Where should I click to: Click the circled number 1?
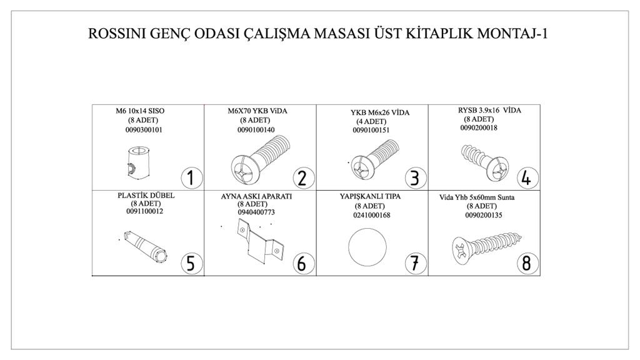[191, 178]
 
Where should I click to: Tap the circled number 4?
[527, 178]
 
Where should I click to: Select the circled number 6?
[303, 263]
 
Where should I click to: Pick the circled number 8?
[527, 263]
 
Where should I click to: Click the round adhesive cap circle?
[367, 247]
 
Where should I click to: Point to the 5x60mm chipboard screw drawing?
[488, 246]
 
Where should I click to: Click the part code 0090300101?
[144, 130]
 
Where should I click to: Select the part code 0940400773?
[256, 212]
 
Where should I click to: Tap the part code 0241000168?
[371, 215]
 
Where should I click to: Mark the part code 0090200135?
[484, 215]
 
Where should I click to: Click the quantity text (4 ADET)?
[371, 121]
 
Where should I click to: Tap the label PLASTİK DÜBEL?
[146, 196]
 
